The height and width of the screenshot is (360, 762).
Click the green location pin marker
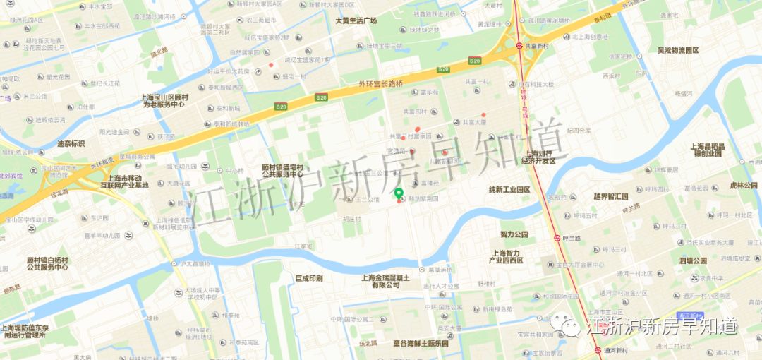click(399, 194)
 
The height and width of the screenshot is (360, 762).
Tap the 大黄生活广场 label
click(356, 21)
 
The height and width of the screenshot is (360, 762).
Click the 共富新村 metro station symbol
click(519, 45)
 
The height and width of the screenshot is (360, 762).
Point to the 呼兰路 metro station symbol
click(557, 239)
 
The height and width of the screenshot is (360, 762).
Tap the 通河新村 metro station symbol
click(598, 349)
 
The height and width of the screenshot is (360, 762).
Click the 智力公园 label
click(514, 234)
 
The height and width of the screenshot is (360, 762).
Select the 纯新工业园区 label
click(509, 190)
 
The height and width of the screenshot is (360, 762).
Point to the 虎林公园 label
click(742, 185)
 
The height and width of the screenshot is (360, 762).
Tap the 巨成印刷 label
click(308, 278)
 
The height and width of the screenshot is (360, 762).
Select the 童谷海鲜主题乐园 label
click(421, 343)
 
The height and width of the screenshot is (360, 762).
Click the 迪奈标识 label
click(71, 143)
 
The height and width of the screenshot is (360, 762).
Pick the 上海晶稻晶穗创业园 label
click(708, 149)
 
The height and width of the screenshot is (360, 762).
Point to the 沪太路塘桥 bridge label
click(194, 263)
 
